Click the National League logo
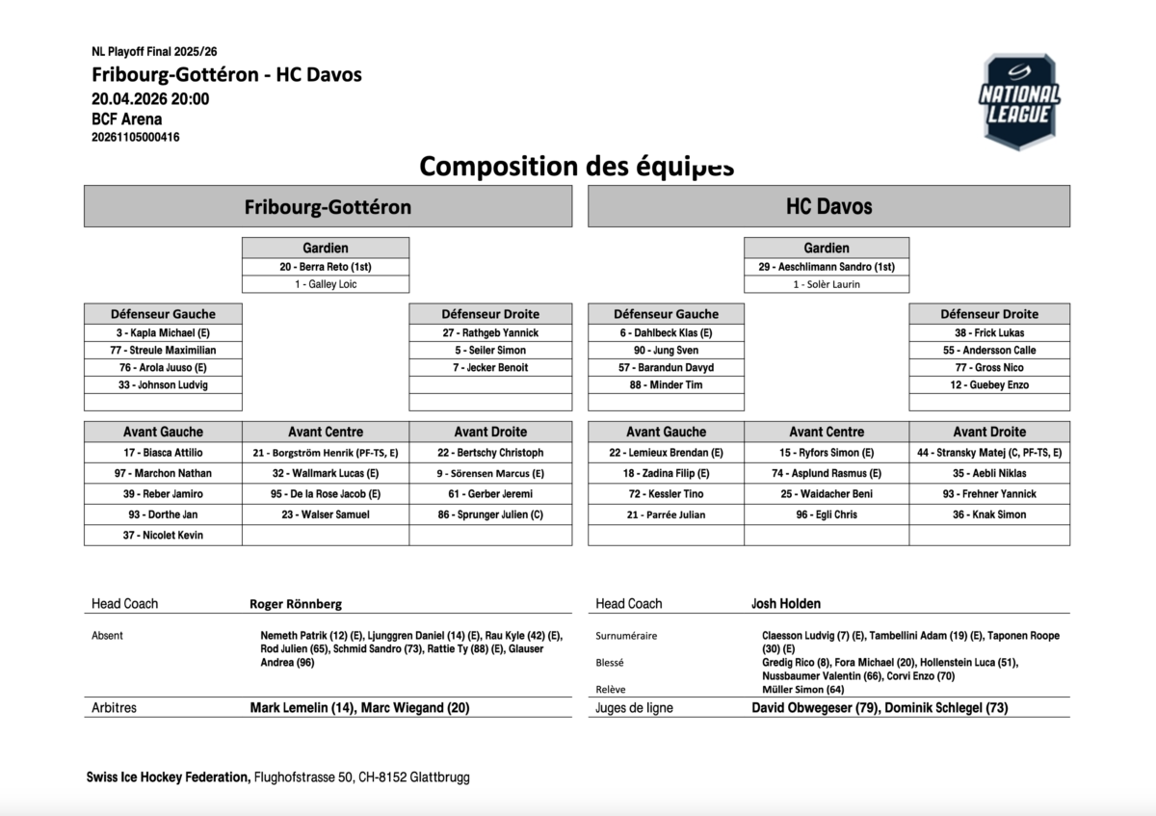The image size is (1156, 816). [1019, 101]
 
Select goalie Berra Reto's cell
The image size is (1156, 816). [326, 267]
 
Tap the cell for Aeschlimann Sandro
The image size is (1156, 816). [827, 267]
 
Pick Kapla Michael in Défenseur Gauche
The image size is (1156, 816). [163, 332]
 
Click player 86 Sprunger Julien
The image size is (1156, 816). [490, 514]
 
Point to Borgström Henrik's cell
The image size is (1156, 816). [326, 453]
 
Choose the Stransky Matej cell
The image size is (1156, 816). [989, 453]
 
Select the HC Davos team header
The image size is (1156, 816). [828, 206]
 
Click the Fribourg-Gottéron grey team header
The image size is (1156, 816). [328, 206]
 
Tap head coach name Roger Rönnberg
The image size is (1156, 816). [296, 604]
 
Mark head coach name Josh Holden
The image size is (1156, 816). [786, 604]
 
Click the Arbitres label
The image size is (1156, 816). [114, 708]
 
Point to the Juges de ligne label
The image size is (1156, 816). [634, 708]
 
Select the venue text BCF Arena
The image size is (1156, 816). [126, 119]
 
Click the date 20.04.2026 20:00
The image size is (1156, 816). [150, 98]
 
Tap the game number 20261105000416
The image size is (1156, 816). [135, 137]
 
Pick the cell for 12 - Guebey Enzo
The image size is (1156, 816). [989, 385]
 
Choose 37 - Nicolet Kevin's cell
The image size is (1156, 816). [163, 536]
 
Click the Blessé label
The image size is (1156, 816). [610, 663]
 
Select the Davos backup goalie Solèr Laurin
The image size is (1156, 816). [827, 284]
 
